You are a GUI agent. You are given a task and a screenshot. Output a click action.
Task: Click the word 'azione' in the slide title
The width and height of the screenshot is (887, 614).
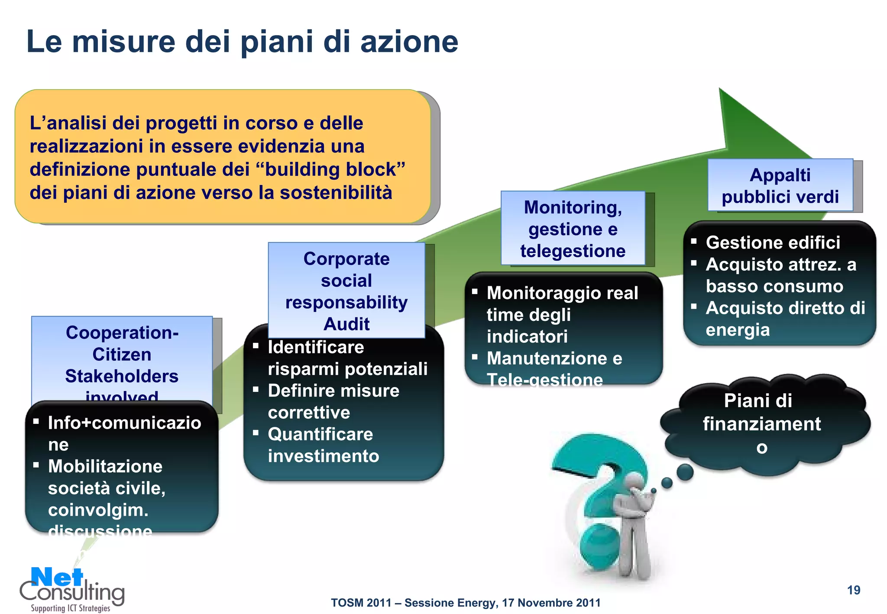[409, 42]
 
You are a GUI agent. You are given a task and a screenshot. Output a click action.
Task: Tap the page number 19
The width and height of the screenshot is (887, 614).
[853, 590]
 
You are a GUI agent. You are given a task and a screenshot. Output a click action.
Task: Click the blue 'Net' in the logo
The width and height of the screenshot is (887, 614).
[57, 578]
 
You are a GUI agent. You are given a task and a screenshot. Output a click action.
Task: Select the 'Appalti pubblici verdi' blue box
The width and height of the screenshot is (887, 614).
[780, 186]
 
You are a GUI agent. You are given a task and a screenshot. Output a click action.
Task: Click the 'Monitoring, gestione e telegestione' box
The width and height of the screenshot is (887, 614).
[573, 229]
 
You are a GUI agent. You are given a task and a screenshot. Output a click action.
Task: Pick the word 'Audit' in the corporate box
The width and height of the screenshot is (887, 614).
[346, 324]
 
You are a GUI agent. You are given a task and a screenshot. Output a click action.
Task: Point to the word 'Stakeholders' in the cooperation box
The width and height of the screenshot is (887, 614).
[122, 376]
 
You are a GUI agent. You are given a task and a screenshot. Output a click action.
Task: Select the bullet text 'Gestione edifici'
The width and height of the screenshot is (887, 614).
[773, 242]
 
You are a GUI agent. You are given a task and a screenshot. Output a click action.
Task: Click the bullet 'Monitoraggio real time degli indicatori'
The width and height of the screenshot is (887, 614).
[562, 315]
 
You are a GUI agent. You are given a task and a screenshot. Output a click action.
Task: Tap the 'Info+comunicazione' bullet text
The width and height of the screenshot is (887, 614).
[124, 433]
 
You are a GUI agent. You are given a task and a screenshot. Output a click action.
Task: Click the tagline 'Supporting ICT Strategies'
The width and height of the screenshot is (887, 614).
[70, 608]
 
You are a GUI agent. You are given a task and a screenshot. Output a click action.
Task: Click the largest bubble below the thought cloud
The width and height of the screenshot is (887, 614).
[684, 472]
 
